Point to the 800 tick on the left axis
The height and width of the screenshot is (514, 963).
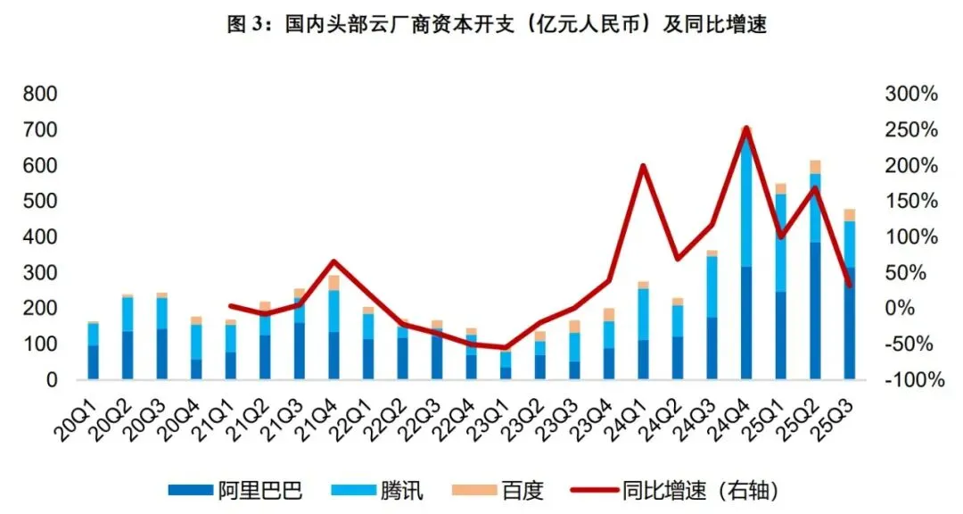tap(40, 95)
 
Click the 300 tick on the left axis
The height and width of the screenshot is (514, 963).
tap(40, 273)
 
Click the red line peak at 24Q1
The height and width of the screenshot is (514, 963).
tap(644, 166)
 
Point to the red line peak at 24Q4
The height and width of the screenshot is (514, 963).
tap(746, 128)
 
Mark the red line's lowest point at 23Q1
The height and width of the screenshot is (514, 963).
tap(506, 347)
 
